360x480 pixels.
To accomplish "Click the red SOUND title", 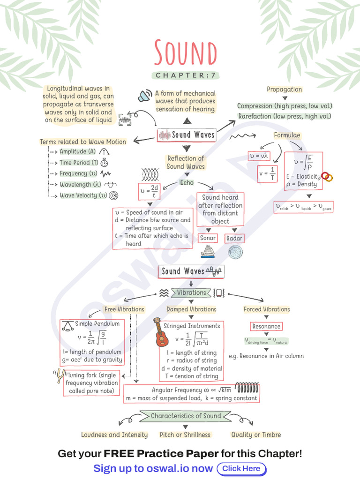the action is (186, 52).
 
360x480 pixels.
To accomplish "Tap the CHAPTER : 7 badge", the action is (186, 75).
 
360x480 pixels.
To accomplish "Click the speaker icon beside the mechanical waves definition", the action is (145, 96).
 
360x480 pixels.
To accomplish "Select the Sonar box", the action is (208, 238).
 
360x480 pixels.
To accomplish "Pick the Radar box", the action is (234, 238).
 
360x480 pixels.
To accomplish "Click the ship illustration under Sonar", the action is (208, 252).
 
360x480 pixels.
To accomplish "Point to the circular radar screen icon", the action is (235, 252).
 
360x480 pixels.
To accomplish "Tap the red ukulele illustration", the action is (161, 332).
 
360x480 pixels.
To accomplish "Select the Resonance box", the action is (266, 326).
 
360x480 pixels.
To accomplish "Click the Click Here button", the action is (241, 469).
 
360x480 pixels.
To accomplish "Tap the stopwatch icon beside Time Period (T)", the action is (104, 163).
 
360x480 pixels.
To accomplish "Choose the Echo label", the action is (187, 182).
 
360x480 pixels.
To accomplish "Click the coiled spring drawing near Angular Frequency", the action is (247, 388).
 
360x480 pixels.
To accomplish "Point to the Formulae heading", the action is (287, 135).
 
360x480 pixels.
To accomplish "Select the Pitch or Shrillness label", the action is (185, 435).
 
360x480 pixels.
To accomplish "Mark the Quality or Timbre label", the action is (256, 435).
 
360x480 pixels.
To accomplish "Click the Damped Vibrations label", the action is (191, 309).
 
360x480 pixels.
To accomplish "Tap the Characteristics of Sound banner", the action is (186, 416).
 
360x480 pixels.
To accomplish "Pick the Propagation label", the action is (285, 90).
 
